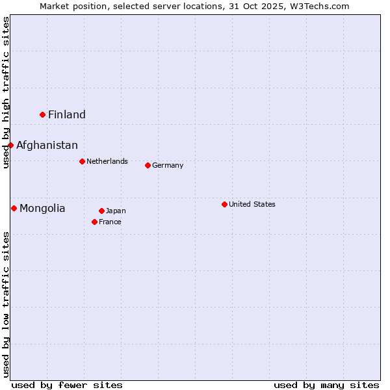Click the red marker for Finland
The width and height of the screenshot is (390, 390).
click(43, 114)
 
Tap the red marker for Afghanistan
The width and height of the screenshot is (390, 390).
click(11, 145)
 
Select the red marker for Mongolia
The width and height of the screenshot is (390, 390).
click(14, 208)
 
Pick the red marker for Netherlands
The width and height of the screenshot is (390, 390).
click(82, 161)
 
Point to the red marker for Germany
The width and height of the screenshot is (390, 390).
click(148, 165)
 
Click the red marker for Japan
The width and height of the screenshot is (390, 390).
click(101, 211)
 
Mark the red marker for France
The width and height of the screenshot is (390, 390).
click(95, 222)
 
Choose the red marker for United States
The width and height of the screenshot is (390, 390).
click(224, 204)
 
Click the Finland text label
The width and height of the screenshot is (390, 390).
click(67, 114)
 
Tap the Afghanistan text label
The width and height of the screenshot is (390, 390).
click(47, 145)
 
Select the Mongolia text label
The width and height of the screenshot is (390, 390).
click(42, 208)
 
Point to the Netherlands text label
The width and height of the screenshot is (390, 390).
click(107, 161)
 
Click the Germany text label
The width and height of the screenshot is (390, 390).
click(168, 165)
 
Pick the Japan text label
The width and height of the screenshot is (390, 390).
click(116, 211)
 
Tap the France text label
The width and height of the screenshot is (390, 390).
click(110, 222)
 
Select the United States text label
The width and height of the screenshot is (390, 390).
click(252, 204)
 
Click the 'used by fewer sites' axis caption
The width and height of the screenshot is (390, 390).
click(67, 385)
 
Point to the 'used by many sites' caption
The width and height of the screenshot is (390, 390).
click(326, 385)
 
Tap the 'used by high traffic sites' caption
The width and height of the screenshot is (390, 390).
click(6, 92)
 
